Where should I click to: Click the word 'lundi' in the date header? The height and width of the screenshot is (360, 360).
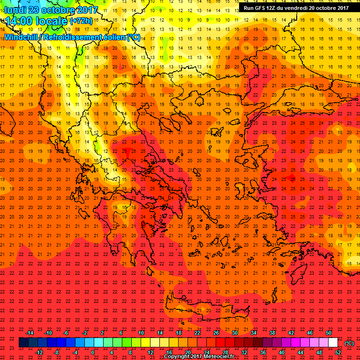tap(14, 10)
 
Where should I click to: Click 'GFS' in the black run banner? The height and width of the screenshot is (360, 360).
tap(261, 7)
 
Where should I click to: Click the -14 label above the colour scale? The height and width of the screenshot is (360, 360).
tap(30, 333)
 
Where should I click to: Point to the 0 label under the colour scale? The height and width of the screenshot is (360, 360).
tap(93, 352)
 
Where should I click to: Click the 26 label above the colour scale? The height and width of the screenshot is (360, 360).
tap(216, 333)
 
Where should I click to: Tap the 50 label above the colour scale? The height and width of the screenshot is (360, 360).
tap(329, 333)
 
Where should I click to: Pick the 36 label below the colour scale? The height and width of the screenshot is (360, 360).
tap(263, 352)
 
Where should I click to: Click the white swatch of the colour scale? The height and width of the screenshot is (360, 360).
tap(333, 343)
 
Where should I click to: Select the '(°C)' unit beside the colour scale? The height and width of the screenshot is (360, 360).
tap(349, 343)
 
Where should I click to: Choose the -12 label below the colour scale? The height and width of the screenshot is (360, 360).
tap(39, 352)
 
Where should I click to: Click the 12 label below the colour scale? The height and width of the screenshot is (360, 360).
tap(150, 352)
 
